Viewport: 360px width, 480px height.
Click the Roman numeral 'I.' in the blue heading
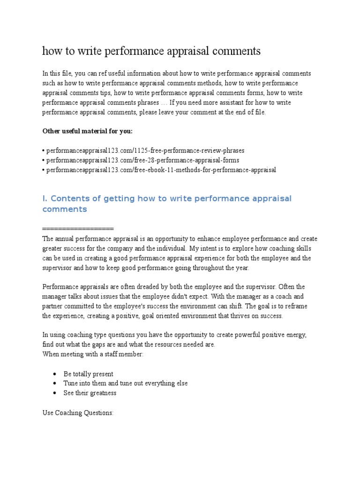click(x=45, y=199)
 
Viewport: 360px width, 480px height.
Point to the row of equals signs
click(x=78, y=228)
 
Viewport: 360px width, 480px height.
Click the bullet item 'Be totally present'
click(x=89, y=374)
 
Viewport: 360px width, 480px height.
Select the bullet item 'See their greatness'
click(x=90, y=393)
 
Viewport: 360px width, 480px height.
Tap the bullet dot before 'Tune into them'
click(x=55, y=383)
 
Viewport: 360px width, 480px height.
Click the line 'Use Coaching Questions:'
click(x=78, y=414)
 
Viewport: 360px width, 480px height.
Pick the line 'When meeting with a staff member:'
click(x=93, y=354)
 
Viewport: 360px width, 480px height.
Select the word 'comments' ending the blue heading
click(x=65, y=209)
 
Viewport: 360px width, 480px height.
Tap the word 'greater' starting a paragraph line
click(x=52, y=248)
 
